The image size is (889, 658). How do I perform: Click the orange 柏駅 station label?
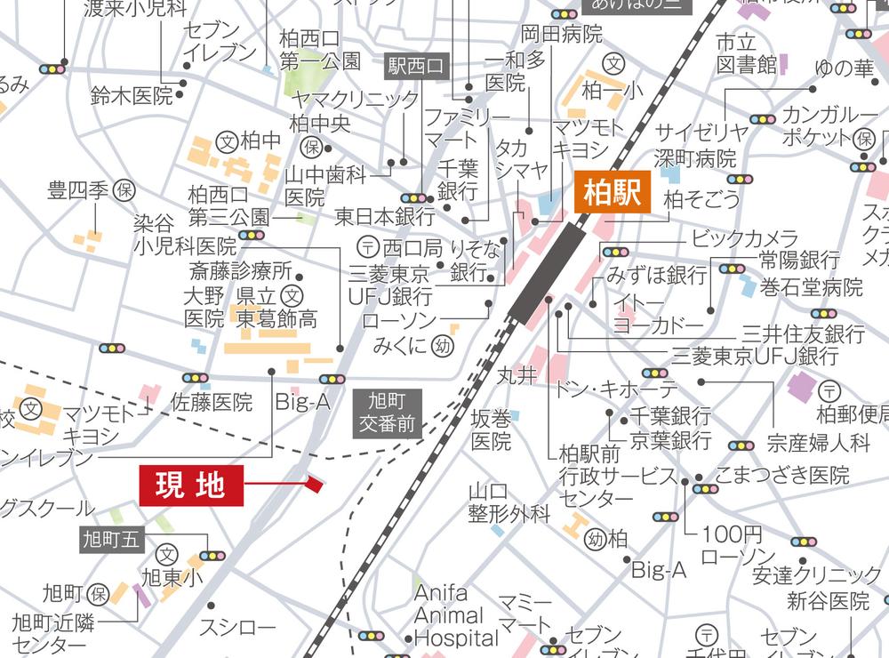[x=613, y=193]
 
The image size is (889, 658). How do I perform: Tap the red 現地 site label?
[x=191, y=485]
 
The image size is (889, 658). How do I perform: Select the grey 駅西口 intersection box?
[x=419, y=65]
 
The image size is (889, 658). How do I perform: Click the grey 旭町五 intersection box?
[x=111, y=539]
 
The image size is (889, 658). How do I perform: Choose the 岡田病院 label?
[x=561, y=35]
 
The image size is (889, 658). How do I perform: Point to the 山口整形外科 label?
[x=509, y=502]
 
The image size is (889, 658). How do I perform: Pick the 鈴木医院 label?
[x=131, y=96]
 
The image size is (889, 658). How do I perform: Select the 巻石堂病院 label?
[x=812, y=287]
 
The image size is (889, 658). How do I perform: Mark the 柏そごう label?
[x=701, y=198]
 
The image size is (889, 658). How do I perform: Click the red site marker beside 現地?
[x=314, y=484]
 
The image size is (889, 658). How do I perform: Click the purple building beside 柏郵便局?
[x=801, y=387]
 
